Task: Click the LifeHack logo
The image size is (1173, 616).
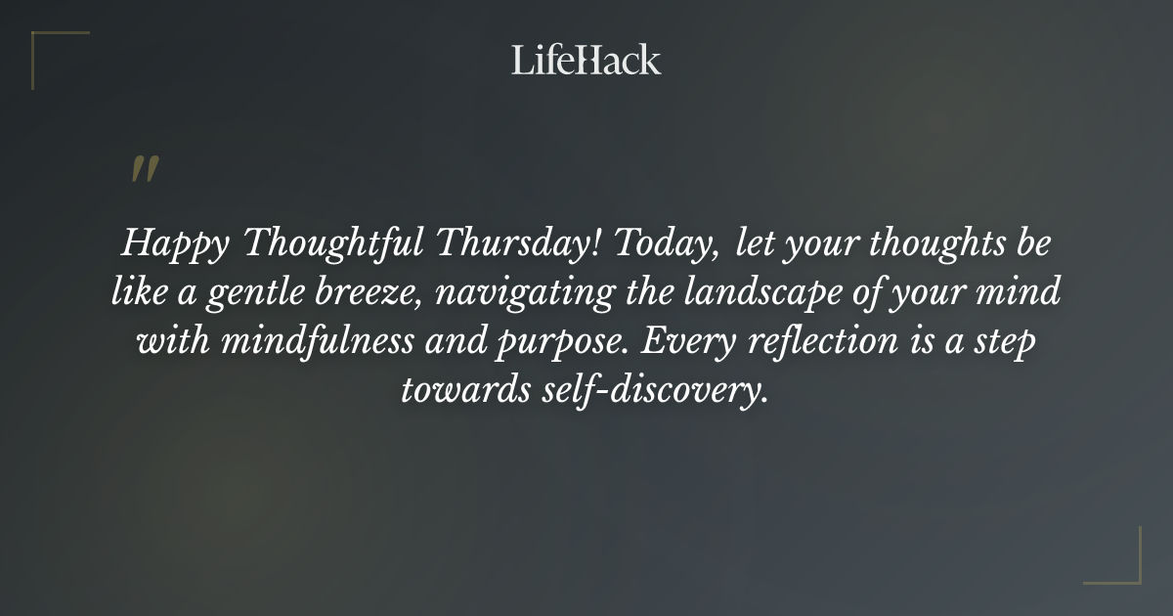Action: [586, 61]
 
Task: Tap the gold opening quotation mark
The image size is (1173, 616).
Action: [144, 169]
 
